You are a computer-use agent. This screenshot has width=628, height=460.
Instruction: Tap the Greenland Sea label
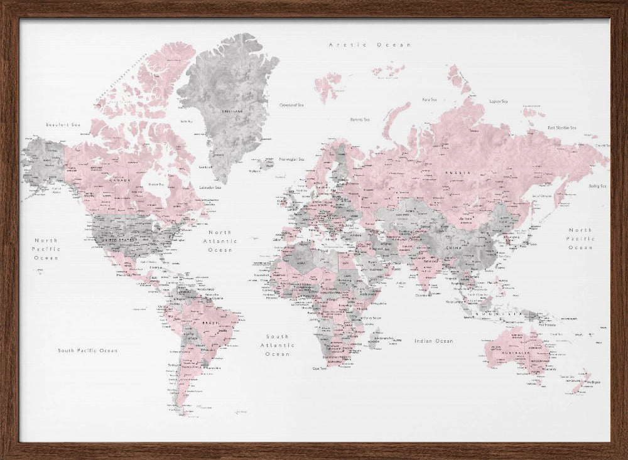[x=291, y=105]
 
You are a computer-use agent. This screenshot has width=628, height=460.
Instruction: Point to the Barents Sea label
[x=360, y=119]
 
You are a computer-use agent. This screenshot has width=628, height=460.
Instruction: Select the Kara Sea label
[x=430, y=99]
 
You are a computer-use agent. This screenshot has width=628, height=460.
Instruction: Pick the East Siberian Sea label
[x=561, y=127]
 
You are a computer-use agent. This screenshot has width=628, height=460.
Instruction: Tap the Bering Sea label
[x=597, y=186]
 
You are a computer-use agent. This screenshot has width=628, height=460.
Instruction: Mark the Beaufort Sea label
[x=63, y=125]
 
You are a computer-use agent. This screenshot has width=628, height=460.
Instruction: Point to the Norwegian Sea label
[x=291, y=159]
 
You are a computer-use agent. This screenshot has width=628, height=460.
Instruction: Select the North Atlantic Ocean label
[x=220, y=241]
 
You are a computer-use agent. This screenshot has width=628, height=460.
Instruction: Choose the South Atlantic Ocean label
[x=278, y=345]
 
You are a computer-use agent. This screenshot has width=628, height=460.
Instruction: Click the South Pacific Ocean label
[x=87, y=350]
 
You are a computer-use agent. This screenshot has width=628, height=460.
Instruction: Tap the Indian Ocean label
[x=433, y=341]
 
